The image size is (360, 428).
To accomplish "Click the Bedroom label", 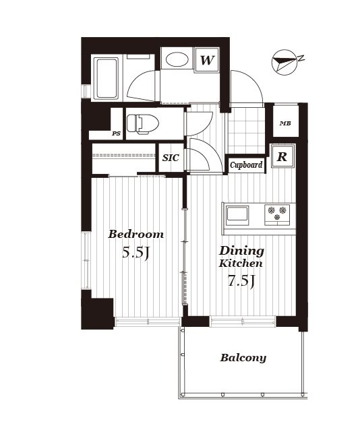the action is point(136,235).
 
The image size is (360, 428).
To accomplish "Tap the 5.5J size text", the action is point(136,252).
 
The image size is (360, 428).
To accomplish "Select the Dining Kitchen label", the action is point(241,257).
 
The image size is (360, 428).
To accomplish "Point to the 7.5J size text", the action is point(241,280).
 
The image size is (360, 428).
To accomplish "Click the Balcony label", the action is point(243,358).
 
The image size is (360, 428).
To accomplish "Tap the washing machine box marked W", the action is point(206,60).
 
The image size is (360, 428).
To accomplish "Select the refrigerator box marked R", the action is point(282,156).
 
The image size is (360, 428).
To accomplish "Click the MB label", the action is point(285,123).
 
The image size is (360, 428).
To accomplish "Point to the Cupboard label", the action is point(246,165).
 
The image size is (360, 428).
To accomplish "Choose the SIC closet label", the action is point(171,158).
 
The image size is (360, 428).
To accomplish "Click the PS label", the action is point(116,133).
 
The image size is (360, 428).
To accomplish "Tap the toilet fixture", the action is point(143,125).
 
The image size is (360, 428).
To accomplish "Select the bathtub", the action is point(107,78).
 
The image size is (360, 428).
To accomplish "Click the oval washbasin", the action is point(177,59).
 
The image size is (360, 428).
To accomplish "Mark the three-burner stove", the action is point(277,215).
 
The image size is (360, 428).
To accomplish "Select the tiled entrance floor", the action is point(247,131).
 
